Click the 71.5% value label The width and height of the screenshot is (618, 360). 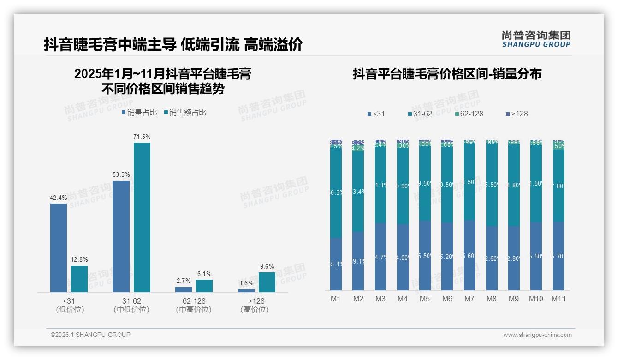coord(142,137)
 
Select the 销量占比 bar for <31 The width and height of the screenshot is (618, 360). coord(59,247)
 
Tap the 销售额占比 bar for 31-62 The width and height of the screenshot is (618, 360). coord(142,217)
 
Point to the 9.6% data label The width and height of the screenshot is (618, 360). coord(267,266)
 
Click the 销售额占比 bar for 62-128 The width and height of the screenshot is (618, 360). coord(204,286)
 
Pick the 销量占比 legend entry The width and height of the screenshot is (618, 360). coord(139,112)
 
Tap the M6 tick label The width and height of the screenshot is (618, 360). coord(447,299)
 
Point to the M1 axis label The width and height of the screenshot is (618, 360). coord(336,299)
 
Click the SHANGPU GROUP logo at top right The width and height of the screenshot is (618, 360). coord(536,39)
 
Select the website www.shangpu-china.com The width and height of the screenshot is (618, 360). coord(537,335)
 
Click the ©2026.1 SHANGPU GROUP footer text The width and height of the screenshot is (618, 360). coord(90,335)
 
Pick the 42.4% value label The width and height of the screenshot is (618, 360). coord(59,198)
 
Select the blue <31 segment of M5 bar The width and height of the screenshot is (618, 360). coord(425,255)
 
